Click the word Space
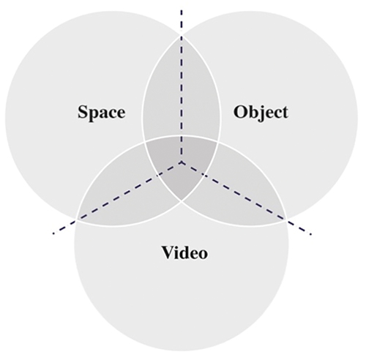(x=102, y=113)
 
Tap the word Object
(x=261, y=113)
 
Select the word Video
(x=184, y=252)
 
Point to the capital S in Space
(x=83, y=112)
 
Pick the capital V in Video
(x=168, y=252)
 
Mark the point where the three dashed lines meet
(x=182, y=162)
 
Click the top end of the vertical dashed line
(x=182, y=10)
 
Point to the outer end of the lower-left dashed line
(x=53, y=234)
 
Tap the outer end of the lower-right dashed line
(x=310, y=235)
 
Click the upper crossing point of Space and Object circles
(x=182, y=34)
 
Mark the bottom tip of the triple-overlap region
(x=182, y=201)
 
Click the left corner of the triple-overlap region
(x=145, y=141)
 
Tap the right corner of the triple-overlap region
(x=217, y=141)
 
